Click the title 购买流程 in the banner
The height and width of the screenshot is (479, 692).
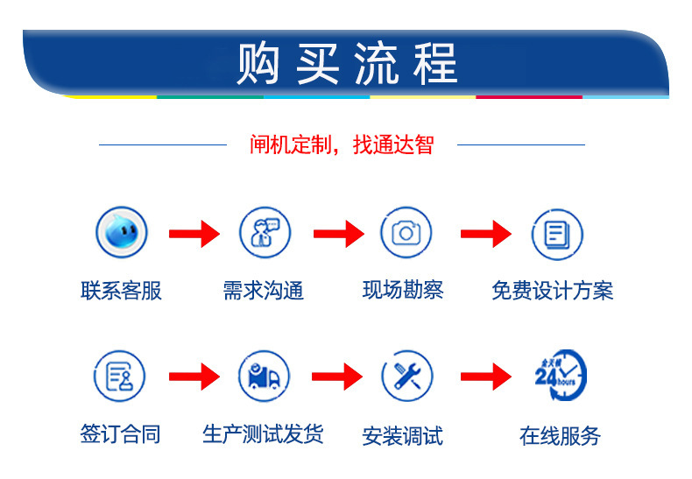(x=347, y=64)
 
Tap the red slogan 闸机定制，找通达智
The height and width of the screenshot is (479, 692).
(x=342, y=144)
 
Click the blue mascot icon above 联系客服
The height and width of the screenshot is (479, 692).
(x=122, y=232)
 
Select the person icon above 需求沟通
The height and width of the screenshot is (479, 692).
(x=265, y=232)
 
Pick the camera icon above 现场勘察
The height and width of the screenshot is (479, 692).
(x=406, y=232)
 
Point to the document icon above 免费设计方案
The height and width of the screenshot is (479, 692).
(x=557, y=234)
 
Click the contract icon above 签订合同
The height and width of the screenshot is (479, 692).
(x=119, y=376)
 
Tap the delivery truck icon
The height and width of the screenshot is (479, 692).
(x=264, y=376)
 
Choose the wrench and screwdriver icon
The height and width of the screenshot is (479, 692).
(x=407, y=376)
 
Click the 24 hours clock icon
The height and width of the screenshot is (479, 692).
(x=561, y=376)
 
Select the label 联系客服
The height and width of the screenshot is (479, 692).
(x=121, y=291)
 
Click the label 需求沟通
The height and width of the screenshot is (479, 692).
(x=264, y=291)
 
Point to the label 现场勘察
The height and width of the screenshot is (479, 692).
(x=403, y=290)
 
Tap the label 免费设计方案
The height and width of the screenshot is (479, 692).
(x=553, y=291)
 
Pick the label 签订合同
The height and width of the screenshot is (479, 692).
(x=120, y=434)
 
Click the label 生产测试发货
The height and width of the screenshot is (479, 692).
(x=263, y=434)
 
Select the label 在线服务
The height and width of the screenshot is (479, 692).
(x=560, y=436)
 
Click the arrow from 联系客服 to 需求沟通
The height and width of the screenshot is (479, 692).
(x=194, y=234)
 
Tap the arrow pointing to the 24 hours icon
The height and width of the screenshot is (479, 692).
(x=486, y=377)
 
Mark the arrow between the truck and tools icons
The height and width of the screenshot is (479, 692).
(x=337, y=377)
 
